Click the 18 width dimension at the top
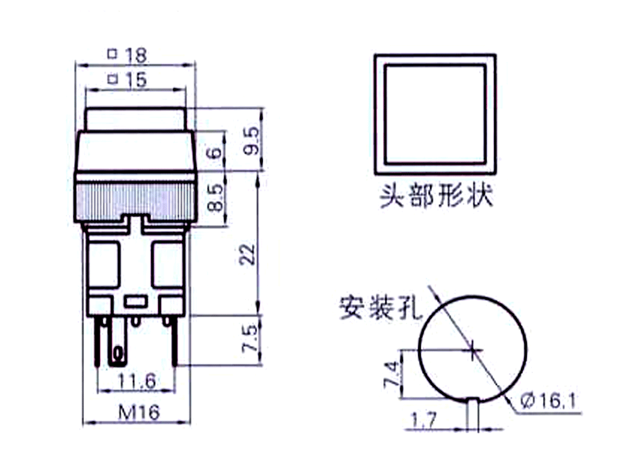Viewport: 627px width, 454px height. click(136, 55)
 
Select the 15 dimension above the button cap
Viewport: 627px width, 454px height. click(136, 80)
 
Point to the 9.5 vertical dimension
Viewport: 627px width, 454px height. click(251, 141)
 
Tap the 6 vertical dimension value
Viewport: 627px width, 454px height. click(215, 152)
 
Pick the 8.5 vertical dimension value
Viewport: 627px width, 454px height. click(215, 197)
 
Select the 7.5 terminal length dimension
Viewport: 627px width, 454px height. click(250, 339)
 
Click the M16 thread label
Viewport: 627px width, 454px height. click(139, 412)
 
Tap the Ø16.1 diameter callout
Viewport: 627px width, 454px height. click(549, 401)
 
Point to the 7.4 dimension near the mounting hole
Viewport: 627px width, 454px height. click(391, 374)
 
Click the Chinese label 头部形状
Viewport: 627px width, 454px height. click(436, 196)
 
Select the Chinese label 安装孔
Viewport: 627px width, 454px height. click(381, 308)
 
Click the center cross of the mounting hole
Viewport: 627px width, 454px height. click(473, 351)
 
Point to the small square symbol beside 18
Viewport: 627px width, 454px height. click(113, 53)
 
